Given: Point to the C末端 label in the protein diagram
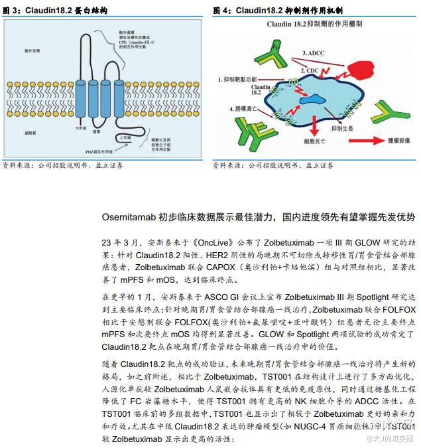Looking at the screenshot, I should (124, 137).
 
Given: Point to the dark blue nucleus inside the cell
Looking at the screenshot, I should (312, 100).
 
